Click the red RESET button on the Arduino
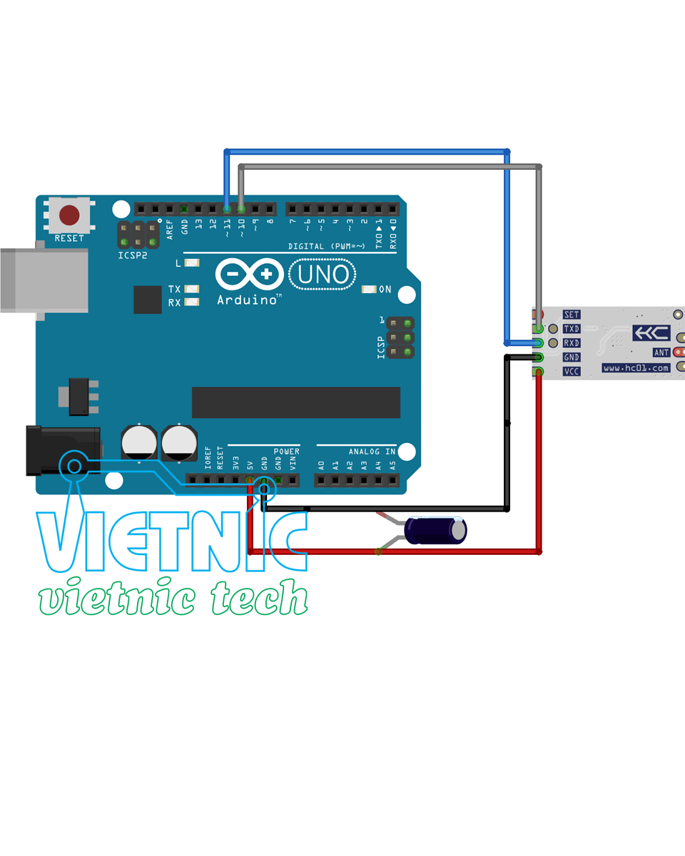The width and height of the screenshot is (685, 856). click(69, 214)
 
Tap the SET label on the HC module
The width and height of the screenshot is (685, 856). click(572, 315)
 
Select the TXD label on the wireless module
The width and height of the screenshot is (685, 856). click(572, 329)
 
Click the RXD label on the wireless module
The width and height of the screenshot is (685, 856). click(572, 343)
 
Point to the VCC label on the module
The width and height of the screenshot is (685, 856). click(572, 372)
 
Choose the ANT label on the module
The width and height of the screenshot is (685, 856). click(661, 352)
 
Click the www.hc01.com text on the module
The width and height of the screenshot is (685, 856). click(636, 368)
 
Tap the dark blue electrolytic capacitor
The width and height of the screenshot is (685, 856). click(435, 531)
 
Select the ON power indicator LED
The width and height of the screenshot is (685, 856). click(369, 290)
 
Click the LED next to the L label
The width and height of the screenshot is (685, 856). click(191, 263)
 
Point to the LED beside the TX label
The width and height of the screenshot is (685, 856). click(191, 289)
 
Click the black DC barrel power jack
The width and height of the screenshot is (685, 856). click(63, 450)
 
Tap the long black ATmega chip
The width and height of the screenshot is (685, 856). click(295, 402)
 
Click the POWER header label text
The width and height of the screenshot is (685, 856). click(286, 452)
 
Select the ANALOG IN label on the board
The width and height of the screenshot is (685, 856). click(372, 452)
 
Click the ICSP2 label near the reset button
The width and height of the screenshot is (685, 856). click(133, 255)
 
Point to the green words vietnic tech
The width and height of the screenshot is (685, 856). click(173, 598)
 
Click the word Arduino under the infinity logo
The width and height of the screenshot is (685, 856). click(247, 300)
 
